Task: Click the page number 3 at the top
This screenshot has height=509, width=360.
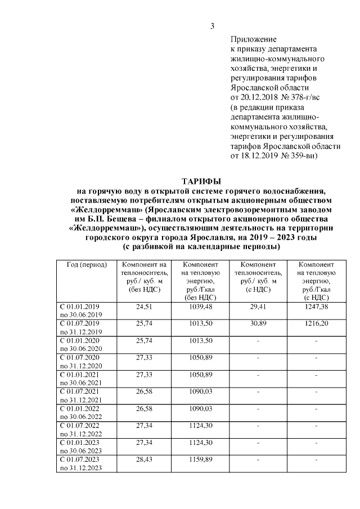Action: [212, 26]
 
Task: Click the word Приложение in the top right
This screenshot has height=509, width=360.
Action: [253, 39]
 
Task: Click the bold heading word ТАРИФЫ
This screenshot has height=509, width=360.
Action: [201, 181]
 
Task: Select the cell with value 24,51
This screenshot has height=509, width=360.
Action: [145, 307]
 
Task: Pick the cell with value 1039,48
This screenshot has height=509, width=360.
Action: [201, 307]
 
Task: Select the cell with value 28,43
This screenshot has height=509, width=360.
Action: [145, 460]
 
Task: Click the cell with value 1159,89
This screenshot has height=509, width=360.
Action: [201, 460]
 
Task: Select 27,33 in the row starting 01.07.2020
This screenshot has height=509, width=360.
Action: [145, 358]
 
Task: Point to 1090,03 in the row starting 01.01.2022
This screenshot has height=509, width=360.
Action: [201, 409]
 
